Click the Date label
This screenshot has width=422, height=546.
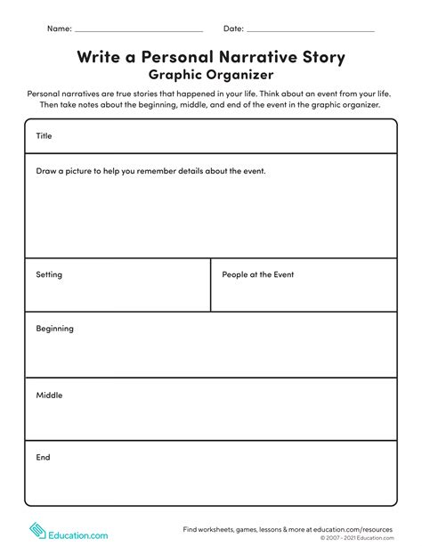(233, 29)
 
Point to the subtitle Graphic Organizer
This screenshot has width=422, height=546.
(211, 75)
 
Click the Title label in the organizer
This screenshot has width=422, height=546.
(45, 136)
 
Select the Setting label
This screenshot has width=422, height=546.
(49, 274)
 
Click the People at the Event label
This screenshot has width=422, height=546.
(257, 274)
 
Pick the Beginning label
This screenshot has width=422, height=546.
(54, 329)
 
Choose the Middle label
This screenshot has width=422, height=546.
(49, 395)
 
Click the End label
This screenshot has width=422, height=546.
(43, 457)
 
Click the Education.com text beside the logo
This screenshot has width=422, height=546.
(78, 535)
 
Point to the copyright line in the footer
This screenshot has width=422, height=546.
(356, 538)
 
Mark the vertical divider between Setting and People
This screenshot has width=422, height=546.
(211, 285)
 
